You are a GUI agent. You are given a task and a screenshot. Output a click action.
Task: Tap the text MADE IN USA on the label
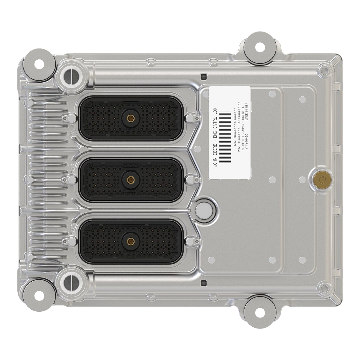[246, 112]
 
